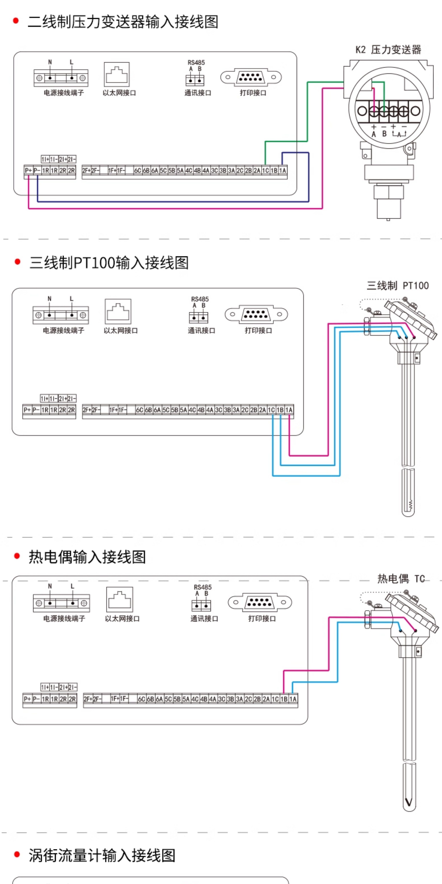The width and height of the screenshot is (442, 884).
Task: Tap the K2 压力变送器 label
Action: click(x=388, y=50)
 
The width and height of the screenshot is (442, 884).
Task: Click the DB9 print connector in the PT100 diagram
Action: click(x=256, y=314)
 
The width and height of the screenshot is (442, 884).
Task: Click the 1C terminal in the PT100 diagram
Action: click(x=271, y=410)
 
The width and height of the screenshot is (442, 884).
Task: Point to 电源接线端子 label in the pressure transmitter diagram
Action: click(x=64, y=93)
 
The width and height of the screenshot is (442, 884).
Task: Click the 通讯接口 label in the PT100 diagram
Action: click(x=201, y=330)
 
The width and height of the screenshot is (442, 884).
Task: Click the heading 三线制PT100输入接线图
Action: click(x=109, y=263)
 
